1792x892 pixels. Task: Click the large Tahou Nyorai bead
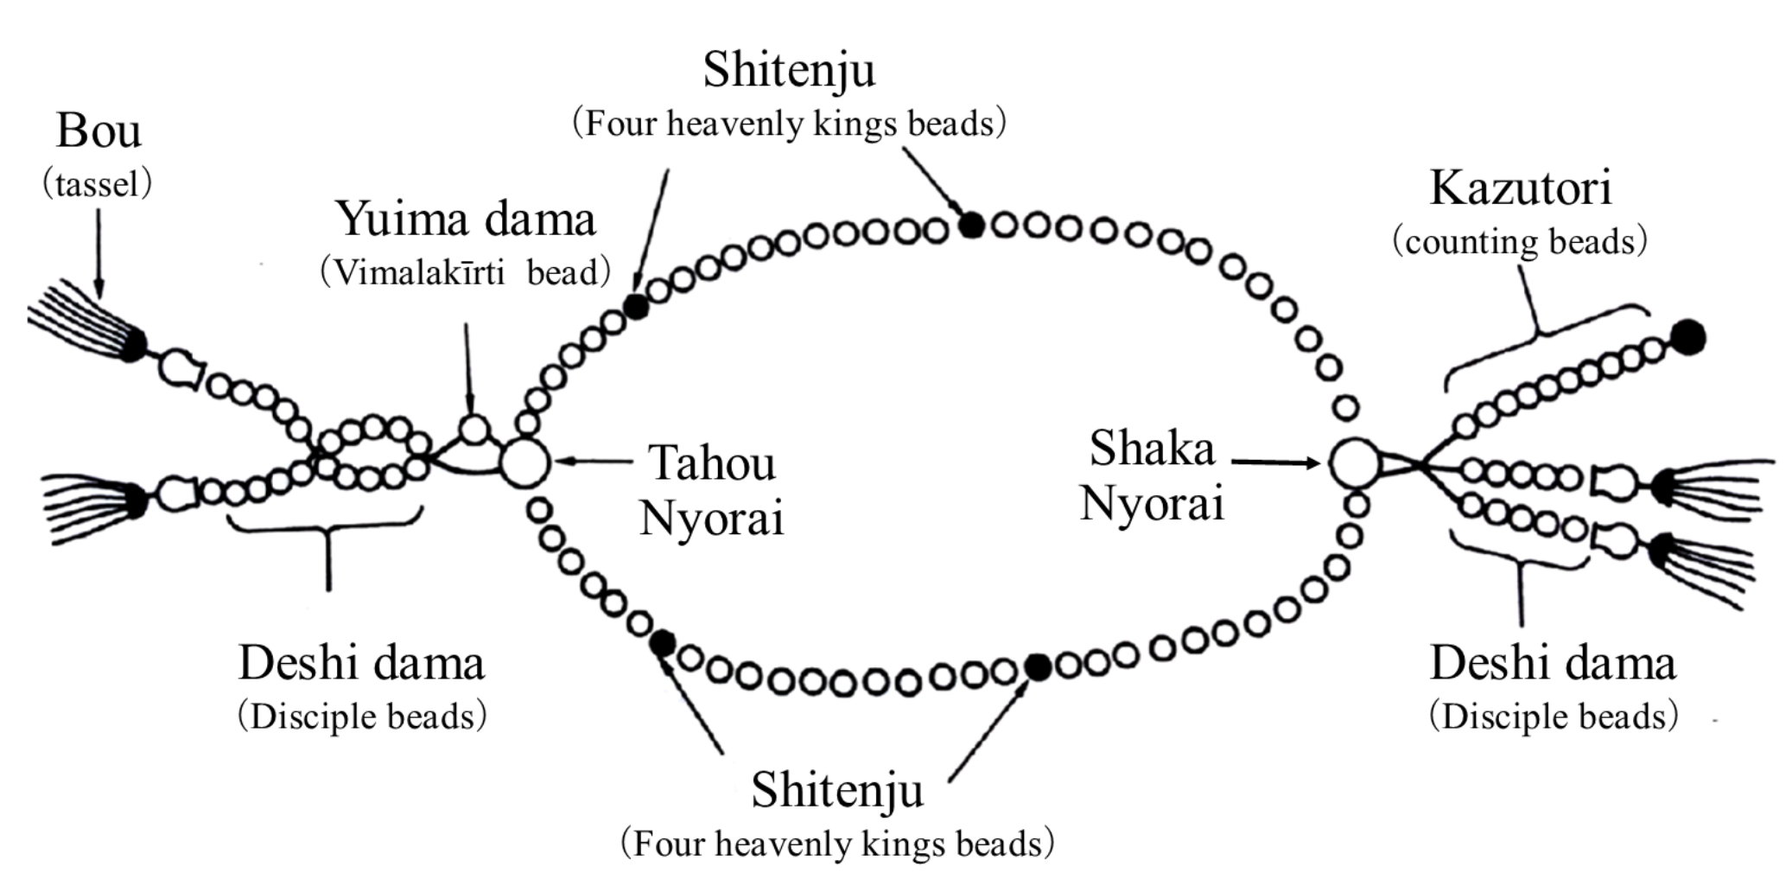click(524, 462)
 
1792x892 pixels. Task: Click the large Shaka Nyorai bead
click(1354, 463)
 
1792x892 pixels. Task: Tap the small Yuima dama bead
click(473, 429)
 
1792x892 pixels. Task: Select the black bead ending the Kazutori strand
click(1687, 336)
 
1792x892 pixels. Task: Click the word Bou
click(98, 131)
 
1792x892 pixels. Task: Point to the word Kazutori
click(1520, 188)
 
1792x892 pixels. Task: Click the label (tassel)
click(98, 184)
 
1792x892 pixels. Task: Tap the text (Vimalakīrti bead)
click(466, 273)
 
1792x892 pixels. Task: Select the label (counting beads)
click(1520, 241)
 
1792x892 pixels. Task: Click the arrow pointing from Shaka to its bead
click(1275, 462)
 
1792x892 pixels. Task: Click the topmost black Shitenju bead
click(972, 226)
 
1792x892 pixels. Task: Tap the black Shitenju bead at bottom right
click(1038, 666)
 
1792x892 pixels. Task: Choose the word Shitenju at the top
click(789, 71)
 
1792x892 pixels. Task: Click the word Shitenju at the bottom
click(836, 790)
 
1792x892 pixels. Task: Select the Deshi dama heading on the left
click(361, 664)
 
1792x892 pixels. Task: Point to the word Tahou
click(711, 463)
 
